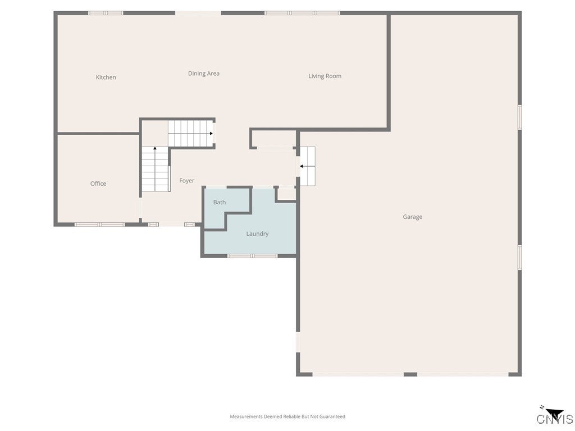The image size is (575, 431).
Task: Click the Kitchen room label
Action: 106,77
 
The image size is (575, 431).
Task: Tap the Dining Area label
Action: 203,74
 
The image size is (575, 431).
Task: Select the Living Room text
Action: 325,76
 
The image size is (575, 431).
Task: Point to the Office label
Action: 98,184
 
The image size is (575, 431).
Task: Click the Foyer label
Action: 186,181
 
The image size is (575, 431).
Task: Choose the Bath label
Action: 219,202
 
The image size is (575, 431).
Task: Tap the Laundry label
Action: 257,234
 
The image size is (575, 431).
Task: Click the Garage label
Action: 412,217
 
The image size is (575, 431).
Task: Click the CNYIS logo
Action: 554,416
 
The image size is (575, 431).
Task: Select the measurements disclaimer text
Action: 287,416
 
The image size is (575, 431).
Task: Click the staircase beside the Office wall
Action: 155,169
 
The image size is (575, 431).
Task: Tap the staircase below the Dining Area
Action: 190,134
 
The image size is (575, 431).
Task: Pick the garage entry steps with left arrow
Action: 308,166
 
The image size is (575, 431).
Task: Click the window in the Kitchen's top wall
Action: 106,13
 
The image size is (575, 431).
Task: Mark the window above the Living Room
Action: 302,13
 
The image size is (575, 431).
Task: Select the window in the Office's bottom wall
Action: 99,224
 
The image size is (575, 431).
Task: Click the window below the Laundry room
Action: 252,256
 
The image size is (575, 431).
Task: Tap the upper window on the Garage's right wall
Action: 519,117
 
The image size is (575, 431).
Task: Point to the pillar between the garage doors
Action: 410,374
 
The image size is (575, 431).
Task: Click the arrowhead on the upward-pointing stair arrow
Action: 155,149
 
